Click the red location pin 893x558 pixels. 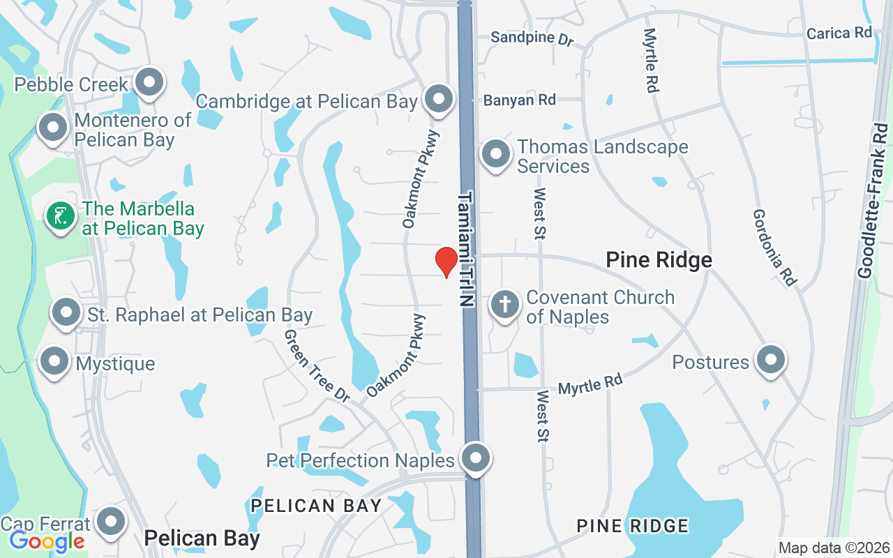pyautogui.click(x=446, y=262)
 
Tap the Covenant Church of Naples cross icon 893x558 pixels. pyautogui.click(x=504, y=304)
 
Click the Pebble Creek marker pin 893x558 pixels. pyautogui.click(x=149, y=82)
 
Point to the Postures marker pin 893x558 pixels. pyautogui.click(x=771, y=360)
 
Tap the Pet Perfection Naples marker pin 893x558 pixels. pyautogui.click(x=476, y=458)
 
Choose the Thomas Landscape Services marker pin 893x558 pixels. pyautogui.click(x=496, y=153)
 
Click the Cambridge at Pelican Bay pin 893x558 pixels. pyautogui.click(x=439, y=99)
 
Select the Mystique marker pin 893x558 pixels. pyautogui.click(x=54, y=361)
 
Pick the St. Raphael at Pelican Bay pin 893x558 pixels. pyautogui.click(x=67, y=312)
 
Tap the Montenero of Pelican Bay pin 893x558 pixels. pyautogui.click(x=52, y=128)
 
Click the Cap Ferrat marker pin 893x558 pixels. pyautogui.click(x=110, y=522)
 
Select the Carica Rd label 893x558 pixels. pyautogui.click(x=839, y=33)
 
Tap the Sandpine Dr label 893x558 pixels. pyautogui.click(x=531, y=38)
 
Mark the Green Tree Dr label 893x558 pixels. pyautogui.click(x=317, y=365)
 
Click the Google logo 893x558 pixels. pyautogui.click(x=47, y=541)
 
